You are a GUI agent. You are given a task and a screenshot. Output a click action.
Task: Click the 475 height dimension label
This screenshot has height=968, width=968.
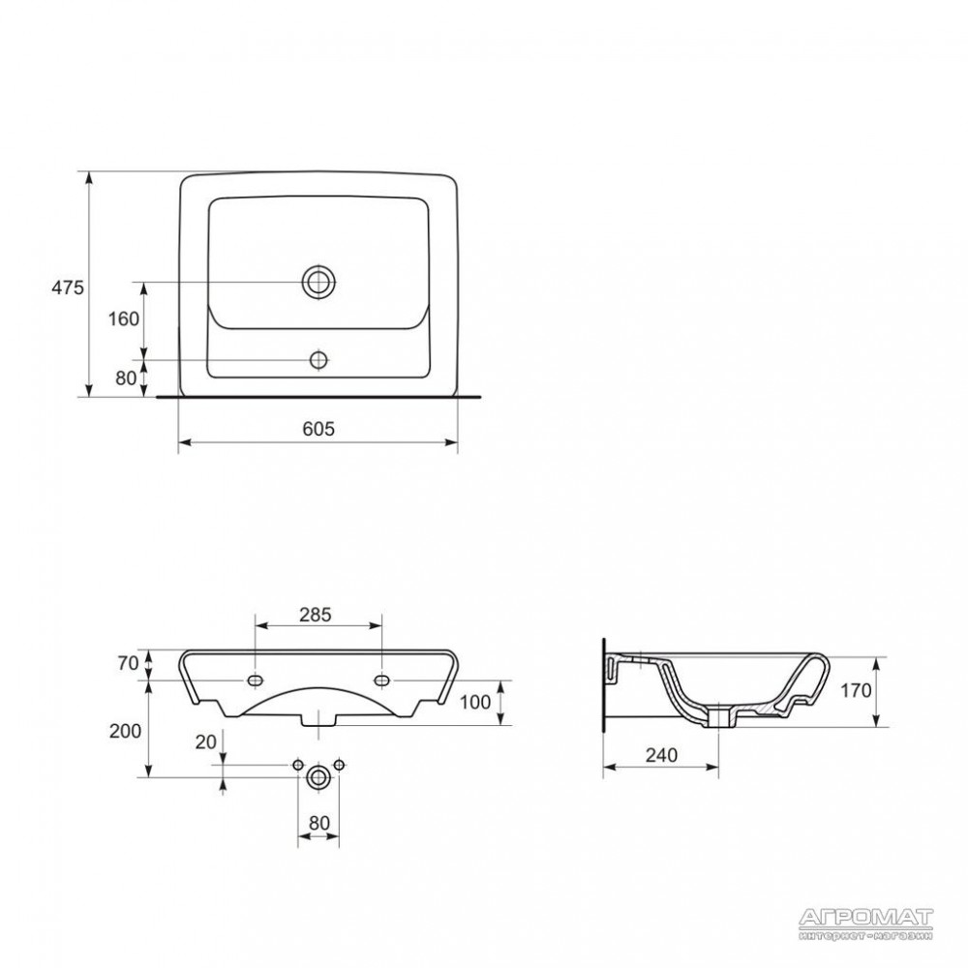click(x=68, y=287)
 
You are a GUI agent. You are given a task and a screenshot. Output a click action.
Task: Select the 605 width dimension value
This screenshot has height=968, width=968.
click(x=318, y=429)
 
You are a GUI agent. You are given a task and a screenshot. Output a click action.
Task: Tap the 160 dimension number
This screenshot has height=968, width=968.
click(x=124, y=319)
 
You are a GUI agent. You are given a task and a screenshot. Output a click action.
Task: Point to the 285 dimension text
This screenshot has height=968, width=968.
click(x=316, y=615)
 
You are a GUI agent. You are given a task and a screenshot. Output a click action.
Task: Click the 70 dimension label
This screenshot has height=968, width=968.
click(x=128, y=664)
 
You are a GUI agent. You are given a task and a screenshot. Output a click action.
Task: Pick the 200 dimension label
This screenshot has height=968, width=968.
click(x=125, y=731)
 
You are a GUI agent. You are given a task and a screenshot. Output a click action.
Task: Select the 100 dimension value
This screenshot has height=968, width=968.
click(x=475, y=702)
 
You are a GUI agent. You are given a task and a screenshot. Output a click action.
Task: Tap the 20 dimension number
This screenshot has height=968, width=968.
click(x=205, y=742)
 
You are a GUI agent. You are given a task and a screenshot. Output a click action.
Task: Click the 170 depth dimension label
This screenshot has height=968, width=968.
click(x=856, y=690)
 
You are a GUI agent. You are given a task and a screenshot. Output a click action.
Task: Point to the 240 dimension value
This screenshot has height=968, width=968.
click(x=661, y=755)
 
